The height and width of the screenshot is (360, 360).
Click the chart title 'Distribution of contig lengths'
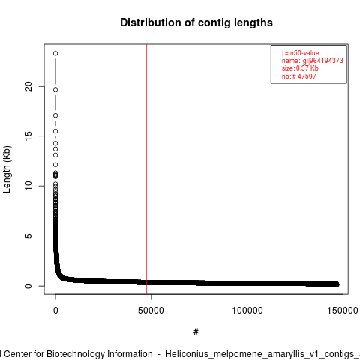click(x=196, y=22)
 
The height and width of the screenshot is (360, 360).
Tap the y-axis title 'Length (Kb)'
click(x=7, y=169)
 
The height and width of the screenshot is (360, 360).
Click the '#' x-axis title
click(x=196, y=332)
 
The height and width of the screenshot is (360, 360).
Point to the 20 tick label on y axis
click(x=28, y=86)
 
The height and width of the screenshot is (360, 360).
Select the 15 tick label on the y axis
click(x=28, y=136)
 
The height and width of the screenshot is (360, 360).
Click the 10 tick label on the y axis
click(x=28, y=186)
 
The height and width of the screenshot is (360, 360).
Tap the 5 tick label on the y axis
click(x=28, y=235)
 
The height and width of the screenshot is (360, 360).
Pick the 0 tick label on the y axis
click(x=28, y=286)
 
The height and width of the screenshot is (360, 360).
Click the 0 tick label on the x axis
click(x=55, y=310)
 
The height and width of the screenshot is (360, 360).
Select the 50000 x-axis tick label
click(x=151, y=310)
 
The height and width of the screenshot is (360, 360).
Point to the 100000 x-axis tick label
click(x=247, y=310)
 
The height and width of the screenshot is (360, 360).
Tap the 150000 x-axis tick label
click(x=343, y=310)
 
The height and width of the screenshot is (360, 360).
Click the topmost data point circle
click(x=55, y=53)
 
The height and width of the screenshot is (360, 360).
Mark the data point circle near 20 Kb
click(x=55, y=89)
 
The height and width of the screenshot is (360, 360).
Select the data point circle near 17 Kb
click(x=55, y=115)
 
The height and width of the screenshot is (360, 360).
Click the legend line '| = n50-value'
click(x=301, y=53)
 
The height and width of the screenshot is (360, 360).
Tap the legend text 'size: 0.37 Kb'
click(x=300, y=68)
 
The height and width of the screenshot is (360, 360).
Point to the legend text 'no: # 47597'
click(x=299, y=76)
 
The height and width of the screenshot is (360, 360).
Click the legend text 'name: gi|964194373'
click(x=313, y=61)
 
